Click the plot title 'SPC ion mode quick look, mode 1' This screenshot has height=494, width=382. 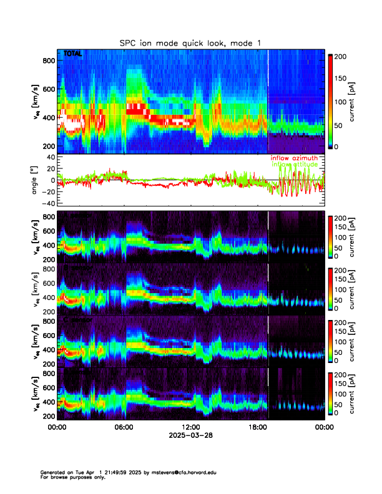click(x=190, y=42)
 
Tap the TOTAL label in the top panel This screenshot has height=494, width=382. click(x=73, y=54)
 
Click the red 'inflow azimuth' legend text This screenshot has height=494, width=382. click(x=294, y=158)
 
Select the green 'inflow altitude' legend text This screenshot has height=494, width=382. click(x=294, y=165)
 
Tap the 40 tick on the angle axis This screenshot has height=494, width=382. click(x=51, y=157)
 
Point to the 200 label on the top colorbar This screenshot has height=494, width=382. click(x=342, y=56)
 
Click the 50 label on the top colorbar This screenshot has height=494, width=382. click(x=340, y=125)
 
